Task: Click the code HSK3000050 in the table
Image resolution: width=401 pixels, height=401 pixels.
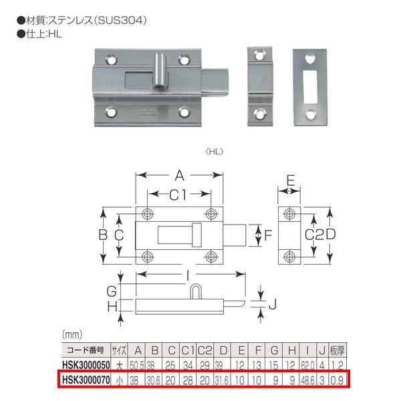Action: pyautogui.click(x=84, y=366)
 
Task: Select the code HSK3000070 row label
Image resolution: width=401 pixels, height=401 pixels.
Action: pyautogui.click(x=84, y=380)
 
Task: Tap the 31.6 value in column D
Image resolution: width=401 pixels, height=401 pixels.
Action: pyautogui.click(x=221, y=380)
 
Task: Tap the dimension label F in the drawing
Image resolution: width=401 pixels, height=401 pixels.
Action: pyautogui.click(x=268, y=235)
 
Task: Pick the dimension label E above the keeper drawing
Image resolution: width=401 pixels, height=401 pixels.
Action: pyautogui.click(x=289, y=179)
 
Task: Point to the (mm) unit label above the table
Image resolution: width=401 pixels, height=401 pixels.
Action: pyautogui.click(x=72, y=334)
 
